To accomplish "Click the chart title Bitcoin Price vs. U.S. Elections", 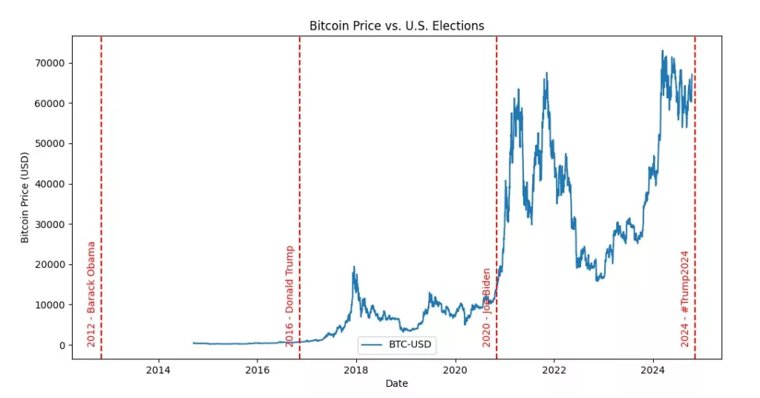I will [x=396, y=26].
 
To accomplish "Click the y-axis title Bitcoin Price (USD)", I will [x=25, y=198].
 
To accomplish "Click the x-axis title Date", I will [x=396, y=383].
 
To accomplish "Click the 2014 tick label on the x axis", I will [x=158, y=370].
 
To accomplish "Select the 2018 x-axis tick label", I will [x=356, y=370].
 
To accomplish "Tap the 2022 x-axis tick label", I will [x=554, y=370].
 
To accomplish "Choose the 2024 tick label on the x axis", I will [x=652, y=370].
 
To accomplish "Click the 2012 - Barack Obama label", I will [x=91, y=294].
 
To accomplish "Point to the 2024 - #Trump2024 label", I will [x=685, y=298].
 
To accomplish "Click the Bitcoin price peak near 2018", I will [x=354, y=267].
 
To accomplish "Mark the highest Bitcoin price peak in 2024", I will [x=663, y=51].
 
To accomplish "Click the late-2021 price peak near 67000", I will [x=547, y=73].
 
